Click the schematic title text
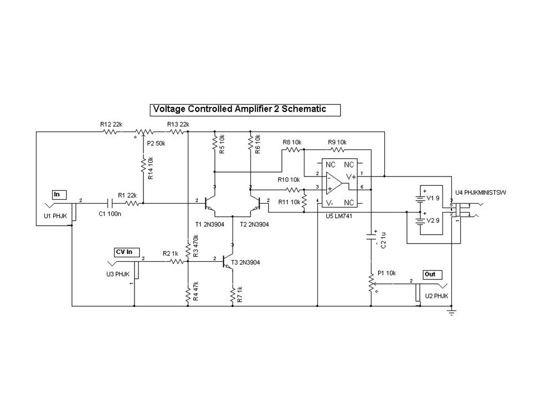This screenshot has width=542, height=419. (239, 109)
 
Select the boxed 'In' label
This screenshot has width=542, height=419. (57, 194)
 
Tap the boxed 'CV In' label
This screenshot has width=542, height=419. (124, 252)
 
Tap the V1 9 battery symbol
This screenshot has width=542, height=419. (420, 198)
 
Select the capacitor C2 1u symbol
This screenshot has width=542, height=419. (371, 238)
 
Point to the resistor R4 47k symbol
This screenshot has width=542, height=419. (188, 294)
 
